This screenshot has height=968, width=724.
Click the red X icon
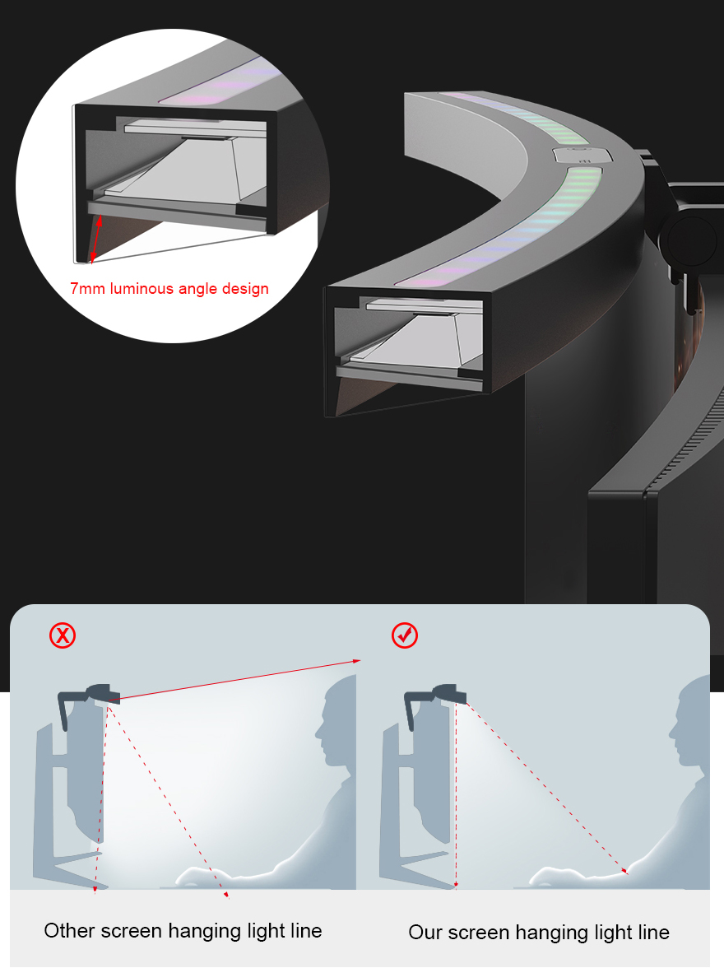tap(63, 635)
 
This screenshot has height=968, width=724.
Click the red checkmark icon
tap(405, 635)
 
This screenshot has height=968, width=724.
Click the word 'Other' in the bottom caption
tap(70, 931)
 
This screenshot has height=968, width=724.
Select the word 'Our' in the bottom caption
tap(425, 933)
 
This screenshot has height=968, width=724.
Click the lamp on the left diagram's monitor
tap(102, 694)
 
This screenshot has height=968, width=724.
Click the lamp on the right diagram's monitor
tap(448, 694)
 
